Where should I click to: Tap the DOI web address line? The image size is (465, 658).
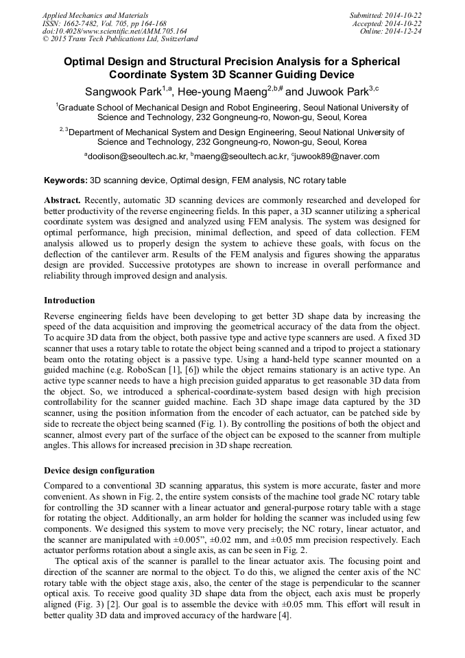115,31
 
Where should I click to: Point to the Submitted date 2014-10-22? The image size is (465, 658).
385,14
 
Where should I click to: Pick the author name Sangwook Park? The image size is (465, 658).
123,92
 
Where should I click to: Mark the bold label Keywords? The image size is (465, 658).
65,180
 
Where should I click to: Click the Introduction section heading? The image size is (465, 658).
69,301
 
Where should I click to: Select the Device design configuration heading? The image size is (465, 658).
99,471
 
